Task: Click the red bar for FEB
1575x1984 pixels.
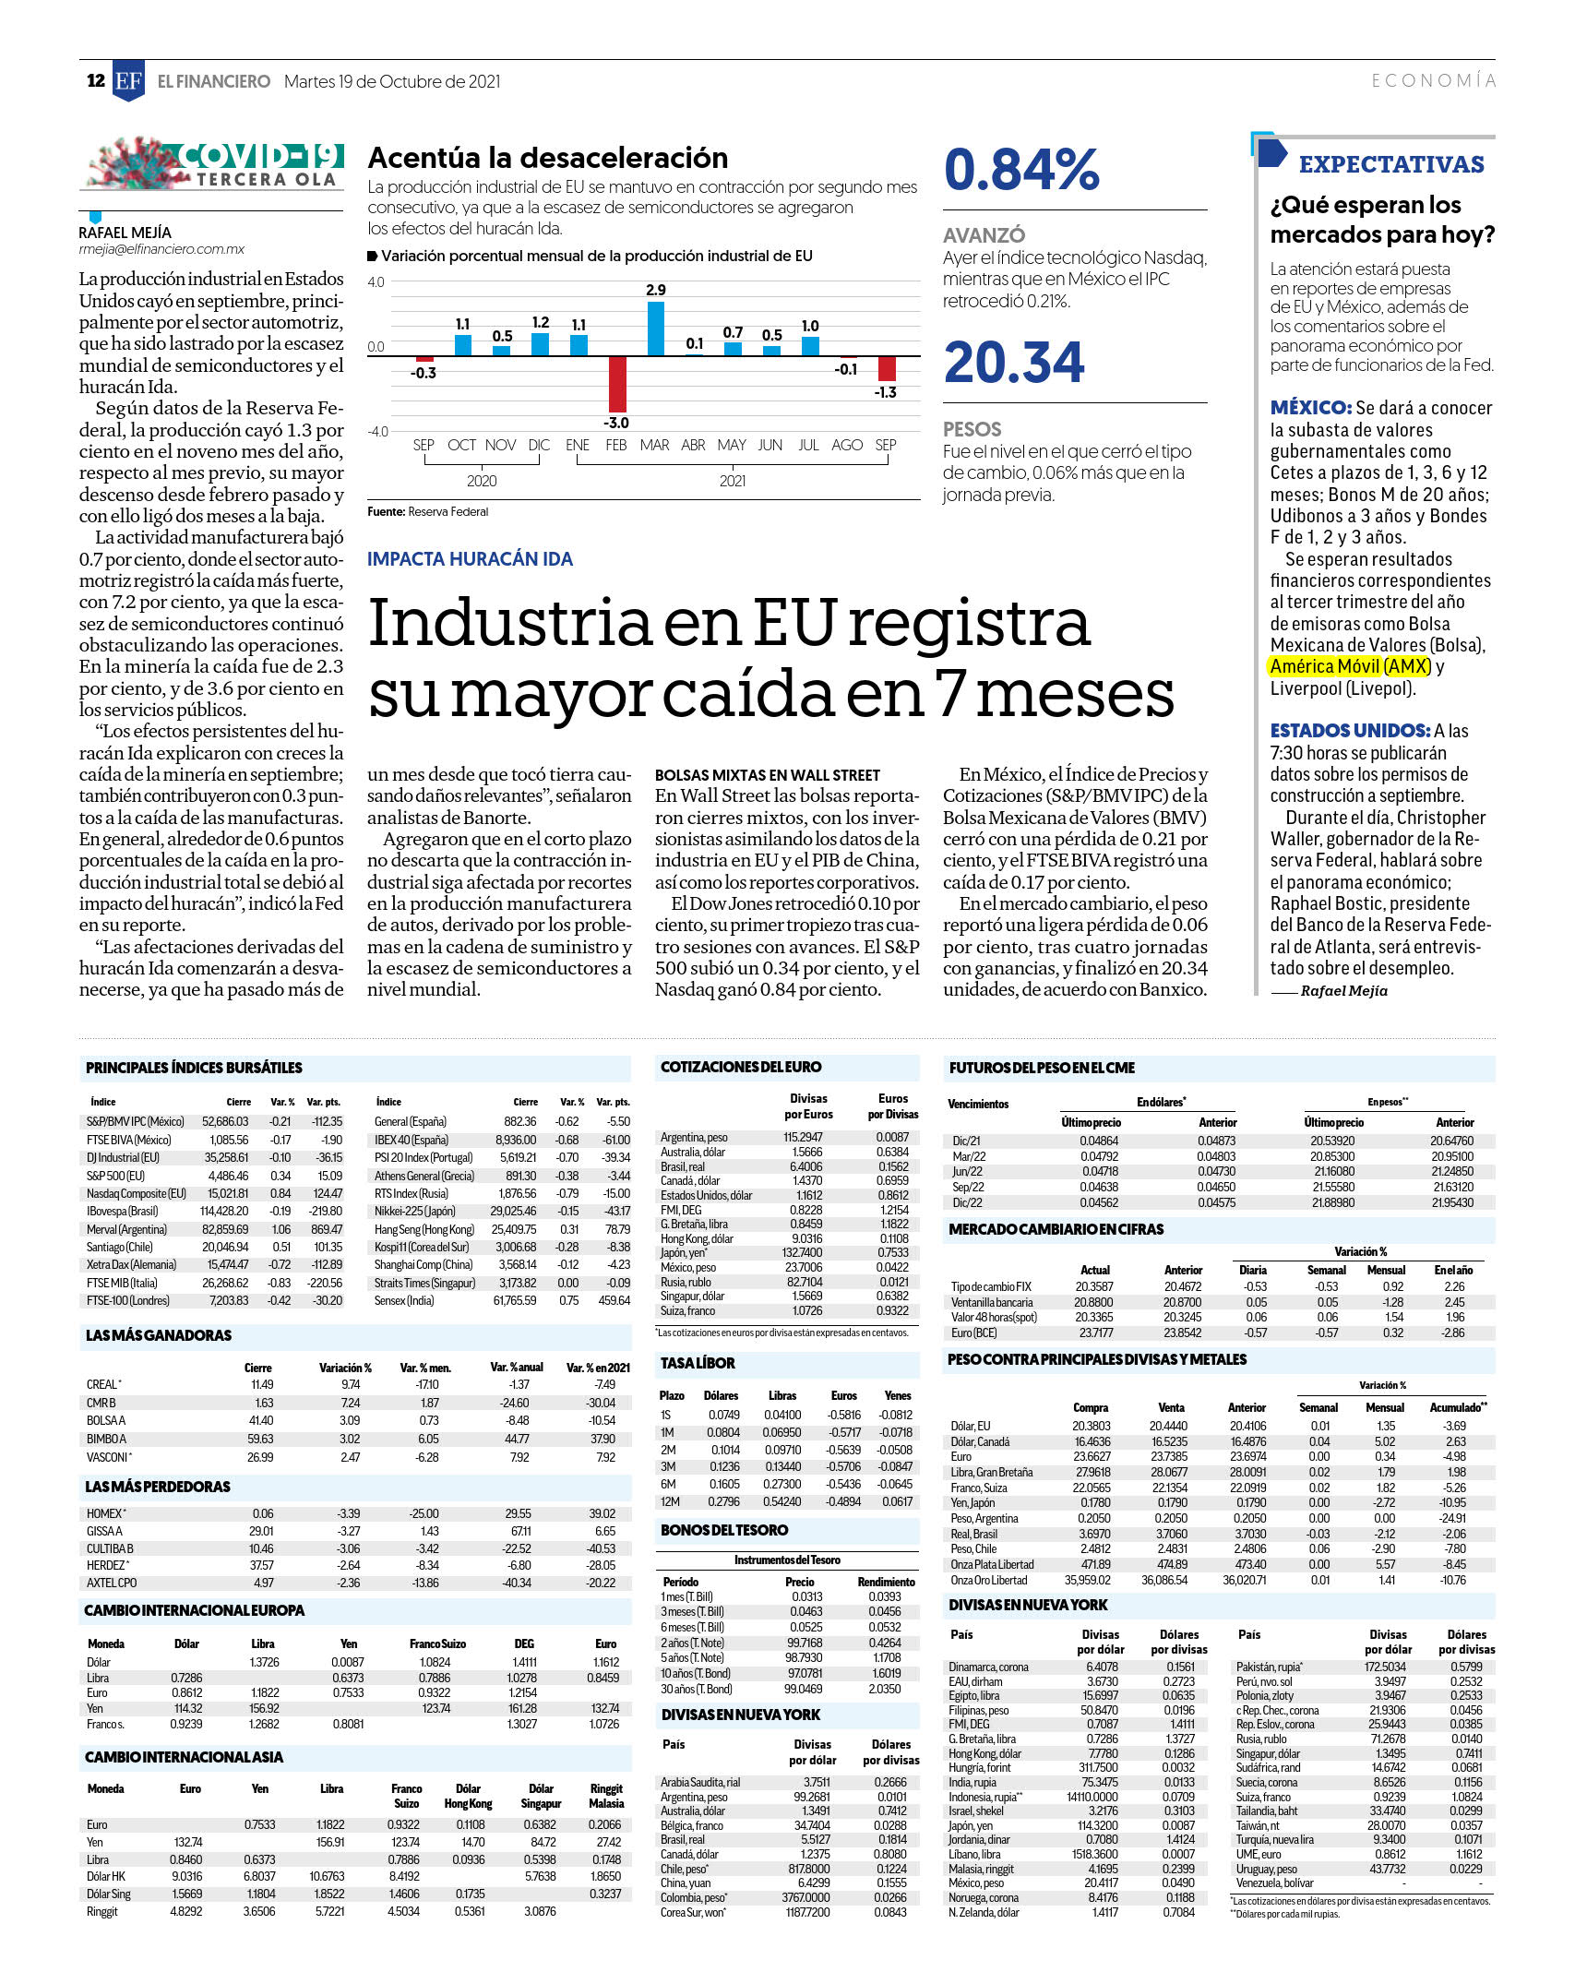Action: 616,384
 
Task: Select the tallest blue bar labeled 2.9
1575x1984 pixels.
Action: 655,329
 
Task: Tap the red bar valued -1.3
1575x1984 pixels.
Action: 886,368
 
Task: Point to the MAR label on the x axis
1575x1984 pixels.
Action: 654,445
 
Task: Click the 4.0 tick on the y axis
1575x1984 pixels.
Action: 376,281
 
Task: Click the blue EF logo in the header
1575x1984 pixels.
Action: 128,80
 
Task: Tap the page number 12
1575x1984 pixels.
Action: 96,80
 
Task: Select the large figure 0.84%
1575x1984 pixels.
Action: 1021,170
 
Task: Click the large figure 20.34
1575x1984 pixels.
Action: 1014,362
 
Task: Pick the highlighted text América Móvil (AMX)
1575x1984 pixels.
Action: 1350,666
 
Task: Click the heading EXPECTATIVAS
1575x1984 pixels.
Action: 1391,164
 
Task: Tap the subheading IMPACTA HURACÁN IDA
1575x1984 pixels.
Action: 470,559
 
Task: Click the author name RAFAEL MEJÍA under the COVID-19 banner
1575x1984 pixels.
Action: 125,233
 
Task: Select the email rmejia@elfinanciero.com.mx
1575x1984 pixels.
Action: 161,249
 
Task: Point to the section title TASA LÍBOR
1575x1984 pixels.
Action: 698,1363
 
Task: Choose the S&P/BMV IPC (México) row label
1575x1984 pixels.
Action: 136,1121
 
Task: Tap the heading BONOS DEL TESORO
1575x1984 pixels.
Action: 724,1530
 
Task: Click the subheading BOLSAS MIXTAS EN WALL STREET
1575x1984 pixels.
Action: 768,775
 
